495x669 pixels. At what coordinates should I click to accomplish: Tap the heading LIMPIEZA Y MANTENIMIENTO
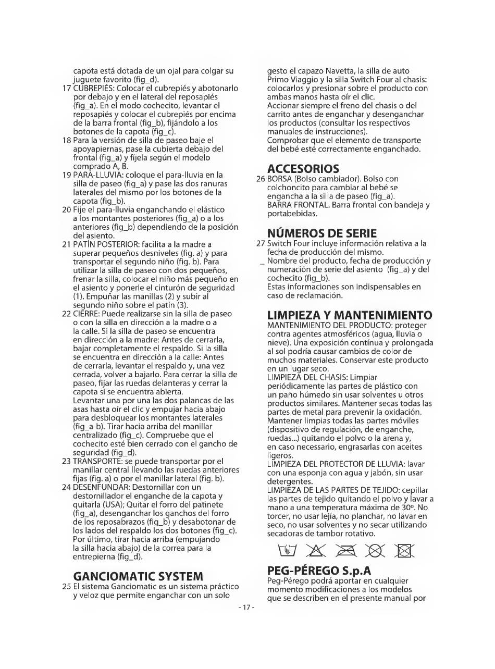point(349,315)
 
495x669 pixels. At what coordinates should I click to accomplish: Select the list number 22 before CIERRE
point(66,314)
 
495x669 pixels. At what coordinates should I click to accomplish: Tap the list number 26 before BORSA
point(261,179)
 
